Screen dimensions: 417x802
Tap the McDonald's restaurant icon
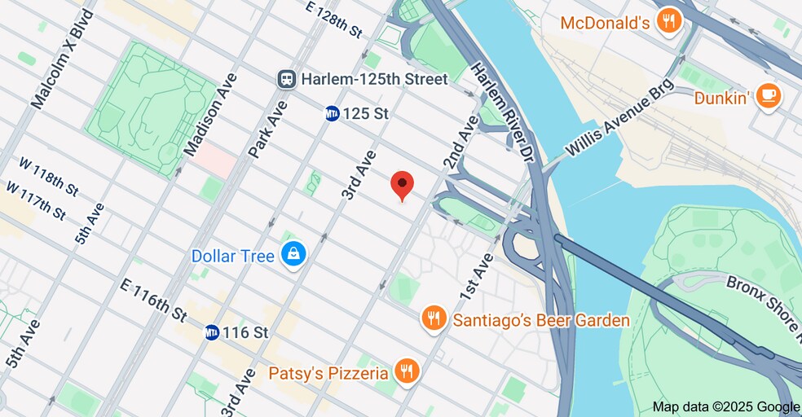pos(668,22)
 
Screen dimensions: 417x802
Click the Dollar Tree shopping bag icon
pos(293,256)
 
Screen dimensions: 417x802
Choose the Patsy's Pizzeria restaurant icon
pos(405,373)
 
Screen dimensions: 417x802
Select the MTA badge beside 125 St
pos(332,114)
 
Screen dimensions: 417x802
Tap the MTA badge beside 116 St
pos(212,332)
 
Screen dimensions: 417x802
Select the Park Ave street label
pos(269,129)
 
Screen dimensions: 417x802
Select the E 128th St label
pos(333,20)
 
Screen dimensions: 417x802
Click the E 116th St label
pos(152,299)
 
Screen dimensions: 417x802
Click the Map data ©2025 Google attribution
pos(725,406)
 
